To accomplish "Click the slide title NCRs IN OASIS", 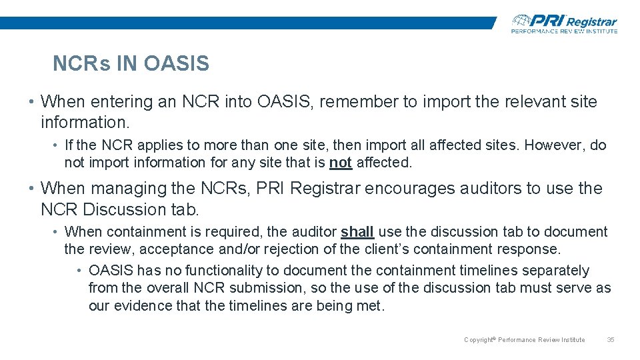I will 131,64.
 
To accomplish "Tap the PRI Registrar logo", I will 564,23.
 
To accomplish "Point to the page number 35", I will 610,340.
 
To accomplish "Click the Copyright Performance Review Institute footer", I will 524,340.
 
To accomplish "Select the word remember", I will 365,102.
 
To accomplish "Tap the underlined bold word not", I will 341,163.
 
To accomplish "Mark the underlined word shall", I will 357,232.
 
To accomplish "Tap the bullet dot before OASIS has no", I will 79,271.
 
